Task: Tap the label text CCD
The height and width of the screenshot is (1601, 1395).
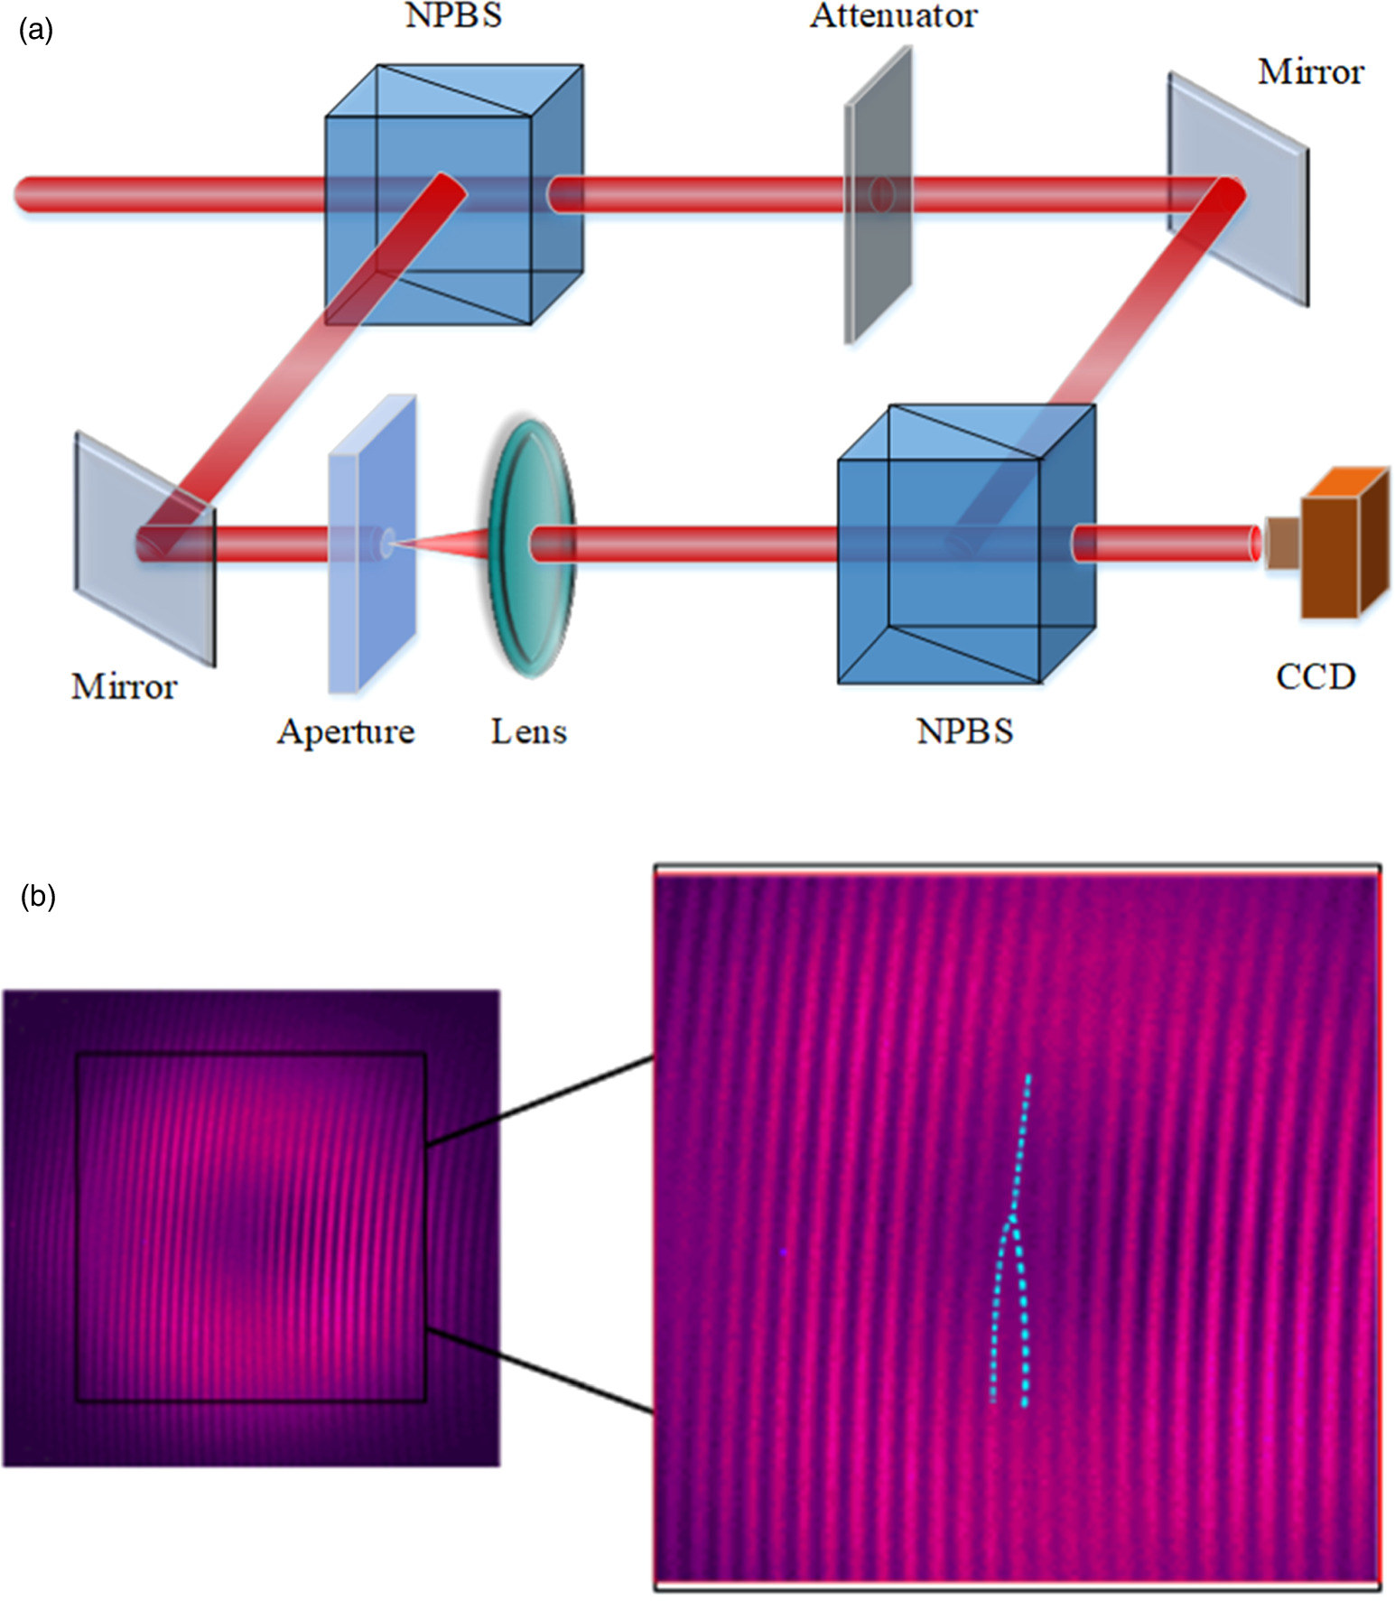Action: click(1315, 676)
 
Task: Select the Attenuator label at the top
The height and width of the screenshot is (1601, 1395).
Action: click(893, 15)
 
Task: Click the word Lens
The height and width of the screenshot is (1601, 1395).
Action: click(528, 731)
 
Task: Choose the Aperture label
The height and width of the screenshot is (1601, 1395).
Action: click(346, 731)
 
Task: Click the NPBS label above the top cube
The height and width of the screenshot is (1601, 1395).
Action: click(453, 15)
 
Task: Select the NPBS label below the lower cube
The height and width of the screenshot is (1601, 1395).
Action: click(964, 731)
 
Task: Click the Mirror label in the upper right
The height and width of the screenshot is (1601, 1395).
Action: click(1310, 72)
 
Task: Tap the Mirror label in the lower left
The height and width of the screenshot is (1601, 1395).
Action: click(124, 687)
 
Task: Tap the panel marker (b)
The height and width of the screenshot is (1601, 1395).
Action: click(38, 896)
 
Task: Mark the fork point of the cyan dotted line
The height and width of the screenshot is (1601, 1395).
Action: click(1012, 1219)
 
